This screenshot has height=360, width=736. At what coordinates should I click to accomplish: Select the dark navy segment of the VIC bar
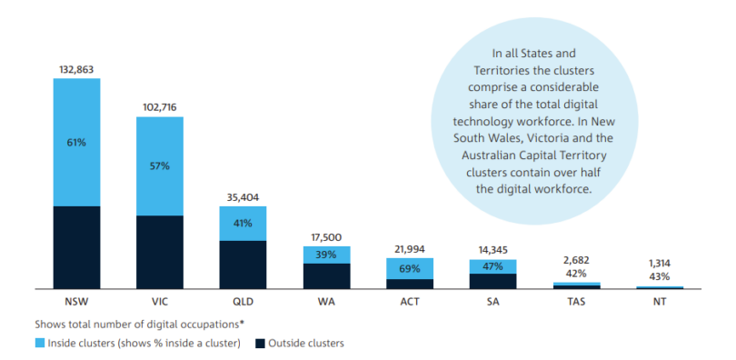160,251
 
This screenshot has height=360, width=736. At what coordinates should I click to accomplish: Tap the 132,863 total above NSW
76,68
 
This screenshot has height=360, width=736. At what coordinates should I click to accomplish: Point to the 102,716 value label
160,107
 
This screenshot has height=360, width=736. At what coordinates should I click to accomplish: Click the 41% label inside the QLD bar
243,224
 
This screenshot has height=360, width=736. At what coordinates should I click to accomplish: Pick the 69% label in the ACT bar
410,268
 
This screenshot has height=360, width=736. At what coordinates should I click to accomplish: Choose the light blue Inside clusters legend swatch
39,343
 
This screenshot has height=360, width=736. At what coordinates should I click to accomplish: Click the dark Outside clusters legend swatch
259,343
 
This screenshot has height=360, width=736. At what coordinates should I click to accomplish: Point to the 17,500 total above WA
326,237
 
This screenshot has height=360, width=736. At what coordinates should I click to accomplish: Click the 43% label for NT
660,276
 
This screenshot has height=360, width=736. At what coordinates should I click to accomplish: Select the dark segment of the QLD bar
243,264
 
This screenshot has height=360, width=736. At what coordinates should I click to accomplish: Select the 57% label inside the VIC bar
160,165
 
